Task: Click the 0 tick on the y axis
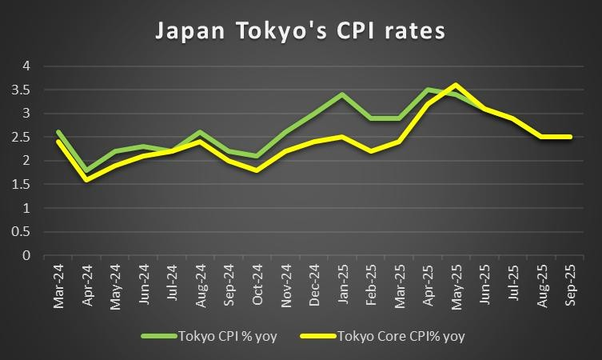pos(26,256)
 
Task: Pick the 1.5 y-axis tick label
pos(23,185)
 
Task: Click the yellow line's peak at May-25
pos(456,85)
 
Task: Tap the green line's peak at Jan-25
pos(342,94)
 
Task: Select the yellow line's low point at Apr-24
pos(87,180)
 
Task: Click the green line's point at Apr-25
pos(428,90)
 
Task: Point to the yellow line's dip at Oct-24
pos(257,170)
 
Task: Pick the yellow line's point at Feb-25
pos(371,151)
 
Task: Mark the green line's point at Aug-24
pos(201,132)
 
